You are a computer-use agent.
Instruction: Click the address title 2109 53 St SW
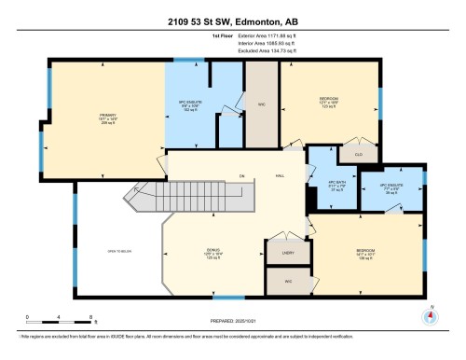(232, 21)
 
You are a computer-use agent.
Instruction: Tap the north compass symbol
(430, 313)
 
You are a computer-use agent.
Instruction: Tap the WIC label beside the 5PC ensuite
(262, 104)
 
